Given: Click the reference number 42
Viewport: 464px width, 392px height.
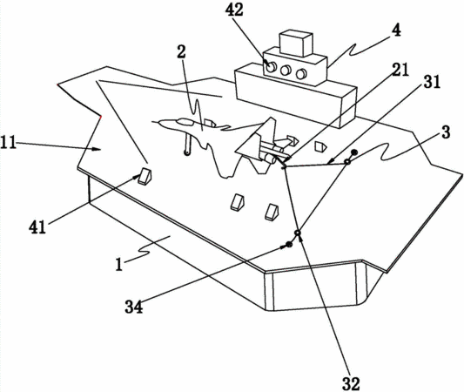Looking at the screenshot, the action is (x=234, y=10).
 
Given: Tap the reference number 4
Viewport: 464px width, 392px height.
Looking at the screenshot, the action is (x=396, y=30).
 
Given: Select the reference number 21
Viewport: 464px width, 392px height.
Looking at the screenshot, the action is (x=400, y=70).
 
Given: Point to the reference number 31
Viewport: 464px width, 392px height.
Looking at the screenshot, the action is (x=432, y=82).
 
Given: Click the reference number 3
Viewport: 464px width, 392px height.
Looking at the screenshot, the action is (x=446, y=132).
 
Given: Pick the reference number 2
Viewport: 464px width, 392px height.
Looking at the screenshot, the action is (x=181, y=51).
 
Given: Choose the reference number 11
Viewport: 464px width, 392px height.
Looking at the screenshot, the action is (x=8, y=143).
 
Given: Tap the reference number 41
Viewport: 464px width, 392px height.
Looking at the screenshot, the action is (x=37, y=227).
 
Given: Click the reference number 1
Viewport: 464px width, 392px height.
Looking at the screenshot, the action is (x=119, y=265).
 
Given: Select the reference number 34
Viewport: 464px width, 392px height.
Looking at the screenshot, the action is (x=134, y=307).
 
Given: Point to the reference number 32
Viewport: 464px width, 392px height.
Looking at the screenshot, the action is (x=351, y=383).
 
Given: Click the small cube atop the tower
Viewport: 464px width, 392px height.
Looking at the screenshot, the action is (x=296, y=43).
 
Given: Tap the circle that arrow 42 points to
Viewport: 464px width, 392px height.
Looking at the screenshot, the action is (x=271, y=67).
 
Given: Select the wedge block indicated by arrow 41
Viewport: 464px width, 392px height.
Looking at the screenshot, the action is (x=145, y=177).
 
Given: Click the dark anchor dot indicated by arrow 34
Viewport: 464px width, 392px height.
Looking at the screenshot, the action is (x=288, y=245).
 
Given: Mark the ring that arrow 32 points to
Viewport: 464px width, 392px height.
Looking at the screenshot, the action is (x=298, y=233).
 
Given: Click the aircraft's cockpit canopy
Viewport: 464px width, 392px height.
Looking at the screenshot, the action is (x=185, y=121).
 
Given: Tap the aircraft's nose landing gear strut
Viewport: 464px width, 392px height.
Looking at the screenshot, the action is (x=187, y=145).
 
